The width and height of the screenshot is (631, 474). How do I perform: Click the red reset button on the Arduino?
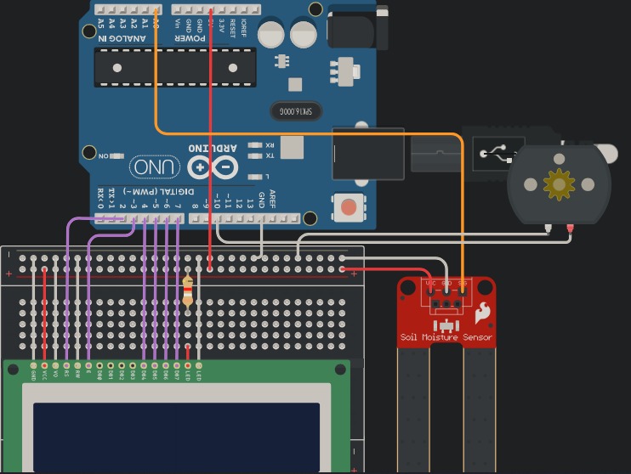coord(348,206)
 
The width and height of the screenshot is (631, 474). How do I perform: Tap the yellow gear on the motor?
coord(559,184)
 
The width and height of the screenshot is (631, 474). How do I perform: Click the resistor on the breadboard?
coord(188,291)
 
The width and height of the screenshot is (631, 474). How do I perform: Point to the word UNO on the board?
coord(154,167)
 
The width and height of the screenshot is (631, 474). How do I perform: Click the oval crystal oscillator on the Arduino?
coord(296,111)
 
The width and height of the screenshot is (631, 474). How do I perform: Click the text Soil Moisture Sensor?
coord(446,337)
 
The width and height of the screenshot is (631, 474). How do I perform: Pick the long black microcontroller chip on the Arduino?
coord(175,67)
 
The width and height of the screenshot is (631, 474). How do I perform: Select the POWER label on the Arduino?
coord(190,38)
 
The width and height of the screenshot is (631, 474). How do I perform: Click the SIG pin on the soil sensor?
coord(462,302)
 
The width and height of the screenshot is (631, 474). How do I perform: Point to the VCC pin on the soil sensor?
coord(430,302)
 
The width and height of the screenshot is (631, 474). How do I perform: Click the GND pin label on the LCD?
coord(33,374)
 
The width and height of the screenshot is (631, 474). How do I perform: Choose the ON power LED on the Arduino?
coord(116,156)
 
